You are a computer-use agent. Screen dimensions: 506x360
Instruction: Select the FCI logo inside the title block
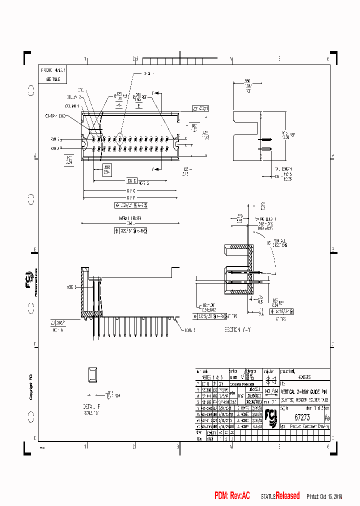(271, 414)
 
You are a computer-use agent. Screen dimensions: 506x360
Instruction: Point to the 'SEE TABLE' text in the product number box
(53, 79)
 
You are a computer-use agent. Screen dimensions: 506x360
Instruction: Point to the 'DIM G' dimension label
(131, 190)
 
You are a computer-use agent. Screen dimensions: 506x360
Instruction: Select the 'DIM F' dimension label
(131, 197)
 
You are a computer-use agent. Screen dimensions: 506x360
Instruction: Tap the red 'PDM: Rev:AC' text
(232, 495)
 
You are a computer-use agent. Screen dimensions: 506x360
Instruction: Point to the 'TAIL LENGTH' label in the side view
(282, 169)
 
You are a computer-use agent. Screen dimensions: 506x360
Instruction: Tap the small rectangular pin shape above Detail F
(92, 373)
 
